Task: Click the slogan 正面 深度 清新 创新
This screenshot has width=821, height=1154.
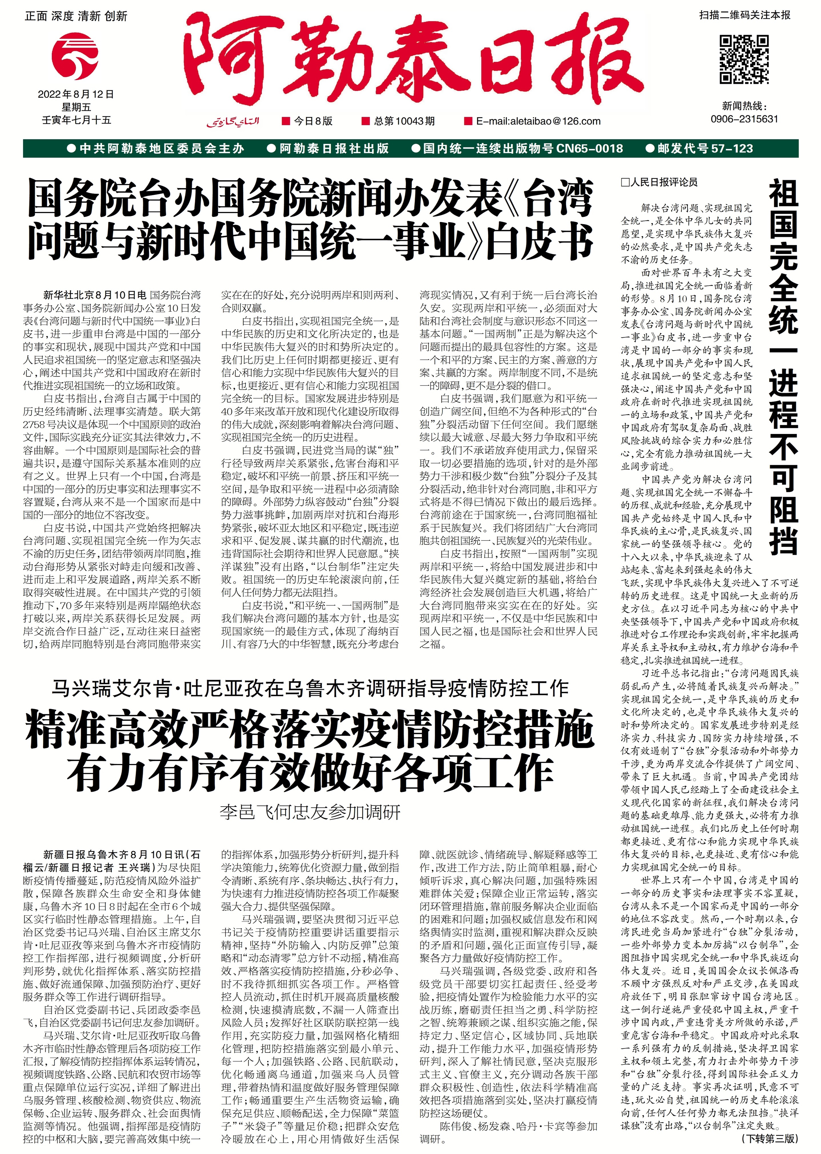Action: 76,16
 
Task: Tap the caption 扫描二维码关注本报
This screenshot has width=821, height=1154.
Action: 745,15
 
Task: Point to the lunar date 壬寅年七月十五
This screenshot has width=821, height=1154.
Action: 76,120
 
